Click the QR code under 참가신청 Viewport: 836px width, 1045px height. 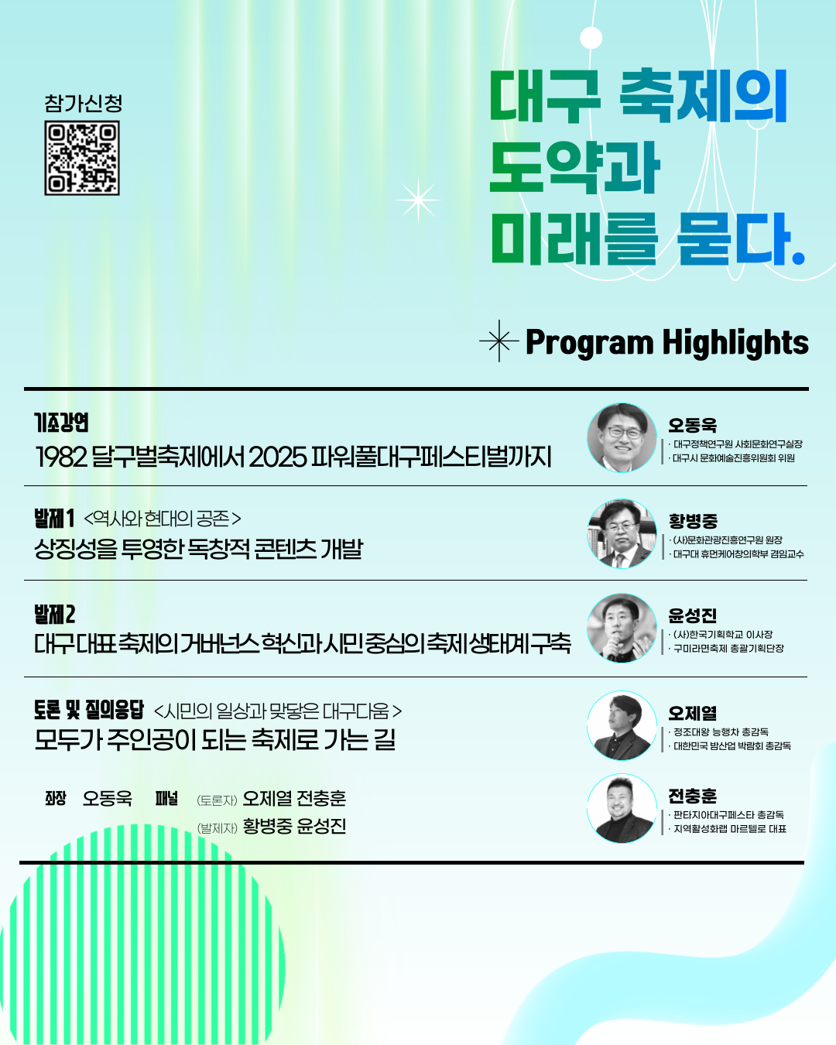click(82, 158)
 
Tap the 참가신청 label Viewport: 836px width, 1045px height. click(83, 103)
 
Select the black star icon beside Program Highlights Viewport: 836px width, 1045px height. click(499, 341)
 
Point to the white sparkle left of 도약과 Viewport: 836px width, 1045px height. click(418, 200)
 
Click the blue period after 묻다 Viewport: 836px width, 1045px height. click(798, 257)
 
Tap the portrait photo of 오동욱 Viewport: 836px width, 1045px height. click(622, 437)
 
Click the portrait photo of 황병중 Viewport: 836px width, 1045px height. click(622, 533)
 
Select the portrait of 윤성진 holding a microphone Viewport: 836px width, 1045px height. click(622, 629)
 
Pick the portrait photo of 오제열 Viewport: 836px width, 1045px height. click(622, 725)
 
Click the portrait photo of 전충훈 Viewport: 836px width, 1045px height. click(622, 808)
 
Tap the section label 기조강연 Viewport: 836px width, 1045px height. click(61, 423)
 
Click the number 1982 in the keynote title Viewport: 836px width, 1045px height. click(61, 457)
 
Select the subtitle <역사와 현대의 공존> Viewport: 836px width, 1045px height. click(163, 519)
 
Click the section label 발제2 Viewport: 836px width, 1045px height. click(54, 615)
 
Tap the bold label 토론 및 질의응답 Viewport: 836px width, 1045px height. click(89, 710)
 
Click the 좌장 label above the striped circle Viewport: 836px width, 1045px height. click(56, 798)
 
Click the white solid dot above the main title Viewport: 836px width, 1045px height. click(591, 38)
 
